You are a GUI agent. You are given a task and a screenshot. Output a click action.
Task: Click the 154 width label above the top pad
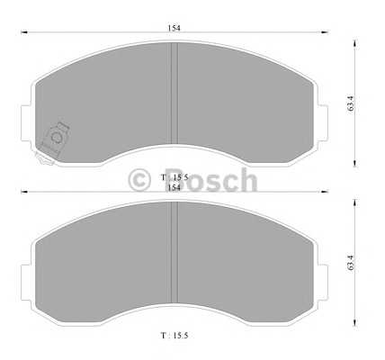[174, 28]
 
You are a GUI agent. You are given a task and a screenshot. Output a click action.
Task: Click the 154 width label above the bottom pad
[174, 187]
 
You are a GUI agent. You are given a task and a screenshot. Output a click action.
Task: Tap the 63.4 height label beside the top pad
[351, 103]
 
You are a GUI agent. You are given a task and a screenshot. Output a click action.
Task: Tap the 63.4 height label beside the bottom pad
[351, 263]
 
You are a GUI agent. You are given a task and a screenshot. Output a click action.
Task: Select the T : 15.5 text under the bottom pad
[175, 336]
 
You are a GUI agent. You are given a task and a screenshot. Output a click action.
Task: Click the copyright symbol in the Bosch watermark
[139, 180]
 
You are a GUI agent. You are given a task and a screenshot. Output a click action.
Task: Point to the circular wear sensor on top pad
[56, 138]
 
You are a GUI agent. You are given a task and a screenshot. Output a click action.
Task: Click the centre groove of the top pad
[175, 94]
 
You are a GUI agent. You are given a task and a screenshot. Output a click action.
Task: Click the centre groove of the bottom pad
[175, 252]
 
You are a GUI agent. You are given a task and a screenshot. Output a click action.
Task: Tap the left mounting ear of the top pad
[25, 123]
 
